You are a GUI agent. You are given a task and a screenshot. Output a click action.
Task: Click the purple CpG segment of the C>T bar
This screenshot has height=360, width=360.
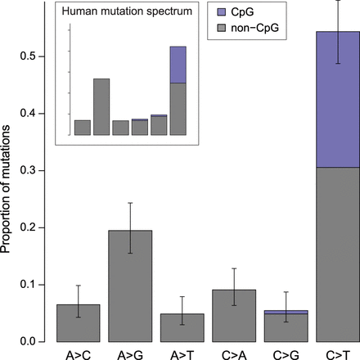(x=337, y=99)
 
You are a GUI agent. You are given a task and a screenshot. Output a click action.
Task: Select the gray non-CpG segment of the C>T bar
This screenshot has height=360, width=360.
(x=337, y=254)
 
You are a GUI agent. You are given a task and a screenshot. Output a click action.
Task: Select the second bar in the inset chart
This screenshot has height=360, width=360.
(x=101, y=106)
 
